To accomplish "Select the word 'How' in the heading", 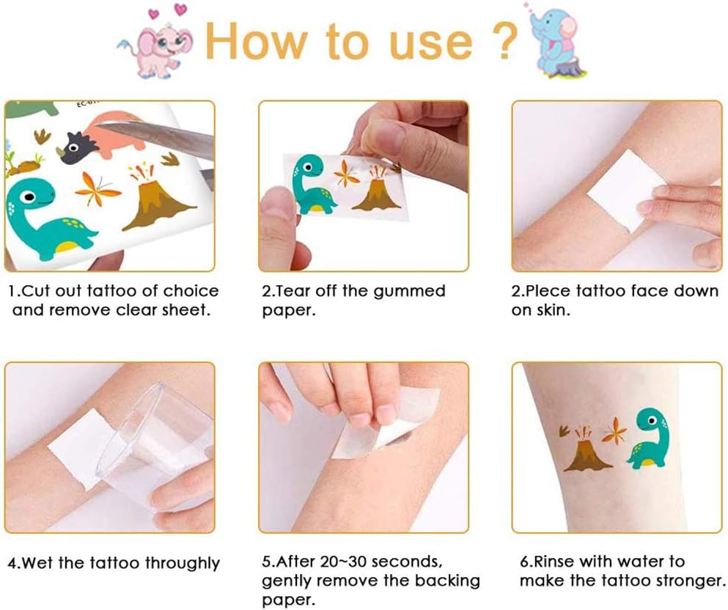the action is [255, 41].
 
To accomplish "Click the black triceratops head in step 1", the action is [74, 147].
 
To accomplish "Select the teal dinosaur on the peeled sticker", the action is [312, 184].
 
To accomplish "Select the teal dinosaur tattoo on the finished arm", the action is [647, 438].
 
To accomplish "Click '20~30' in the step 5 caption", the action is [341, 562].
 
